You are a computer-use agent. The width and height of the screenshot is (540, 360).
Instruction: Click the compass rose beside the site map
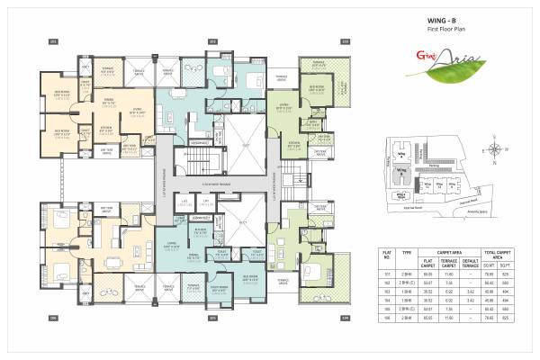493,149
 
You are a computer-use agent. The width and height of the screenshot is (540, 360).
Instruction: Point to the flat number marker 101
53,41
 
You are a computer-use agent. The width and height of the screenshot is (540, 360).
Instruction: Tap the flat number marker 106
53,318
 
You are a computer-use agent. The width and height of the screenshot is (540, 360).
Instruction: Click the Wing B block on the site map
401,170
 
